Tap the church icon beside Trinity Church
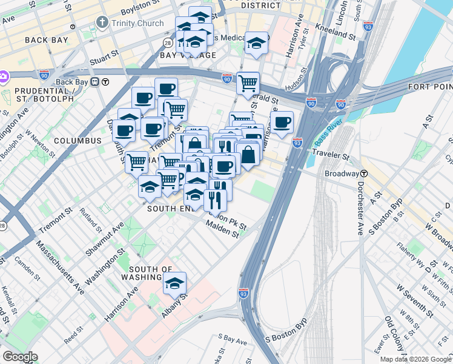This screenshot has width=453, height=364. click(x=101, y=23)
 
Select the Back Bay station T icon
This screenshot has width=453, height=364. click(x=105, y=82)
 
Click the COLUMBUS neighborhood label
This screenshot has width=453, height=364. click(x=78, y=141)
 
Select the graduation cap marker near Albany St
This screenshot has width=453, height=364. click(x=174, y=283)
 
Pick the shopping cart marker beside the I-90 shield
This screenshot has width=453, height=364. click(x=248, y=83)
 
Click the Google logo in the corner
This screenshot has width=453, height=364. click(x=20, y=357)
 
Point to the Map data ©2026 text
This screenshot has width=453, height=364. click(x=414, y=359)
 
